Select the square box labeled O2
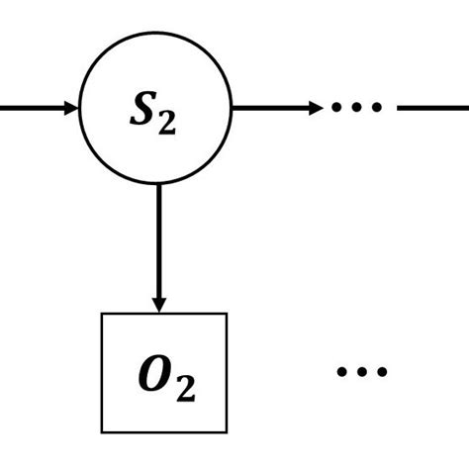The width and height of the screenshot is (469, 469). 164,373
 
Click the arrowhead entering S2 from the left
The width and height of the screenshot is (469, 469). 69,107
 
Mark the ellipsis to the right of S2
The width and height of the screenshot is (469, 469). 353,107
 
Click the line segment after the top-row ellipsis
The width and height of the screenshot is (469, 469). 433,107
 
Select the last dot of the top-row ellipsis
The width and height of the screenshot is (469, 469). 375,107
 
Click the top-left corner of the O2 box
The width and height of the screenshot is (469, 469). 103,314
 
